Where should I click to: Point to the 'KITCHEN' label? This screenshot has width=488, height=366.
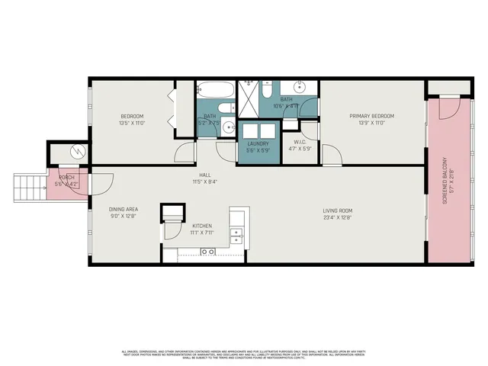point(201,226)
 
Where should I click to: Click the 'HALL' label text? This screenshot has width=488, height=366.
point(205,175)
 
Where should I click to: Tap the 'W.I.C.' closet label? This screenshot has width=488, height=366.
point(300,141)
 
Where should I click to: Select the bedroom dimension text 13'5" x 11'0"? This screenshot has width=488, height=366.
point(132,123)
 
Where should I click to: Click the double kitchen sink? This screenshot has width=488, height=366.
point(236,236)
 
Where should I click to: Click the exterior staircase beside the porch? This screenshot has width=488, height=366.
point(27,189)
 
